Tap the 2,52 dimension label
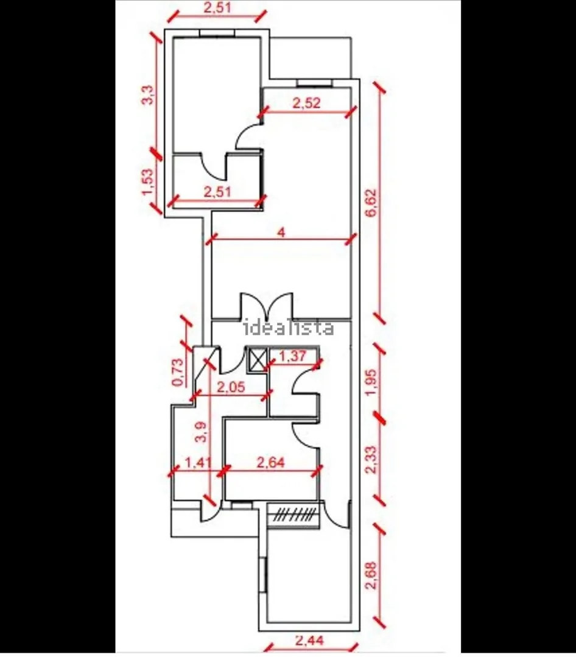pyautogui.click(x=306, y=103)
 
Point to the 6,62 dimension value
pyautogui.click(x=371, y=203)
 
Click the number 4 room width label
pyautogui.click(x=281, y=232)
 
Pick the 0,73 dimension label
pyautogui.click(x=178, y=371)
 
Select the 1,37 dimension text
pyautogui.click(x=292, y=356)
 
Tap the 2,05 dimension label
pyautogui.click(x=230, y=387)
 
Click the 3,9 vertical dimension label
pyautogui.click(x=202, y=432)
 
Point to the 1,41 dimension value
pyautogui.click(x=198, y=463)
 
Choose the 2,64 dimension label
pyautogui.click(x=270, y=463)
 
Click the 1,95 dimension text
pyautogui.click(x=371, y=382)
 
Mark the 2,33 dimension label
pyautogui.click(x=371, y=460)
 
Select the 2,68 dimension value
pyautogui.click(x=371, y=575)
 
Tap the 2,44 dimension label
pyautogui.click(x=309, y=641)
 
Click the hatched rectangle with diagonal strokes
pyautogui.click(x=293, y=514)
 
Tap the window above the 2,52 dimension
pyautogui.click(x=315, y=83)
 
